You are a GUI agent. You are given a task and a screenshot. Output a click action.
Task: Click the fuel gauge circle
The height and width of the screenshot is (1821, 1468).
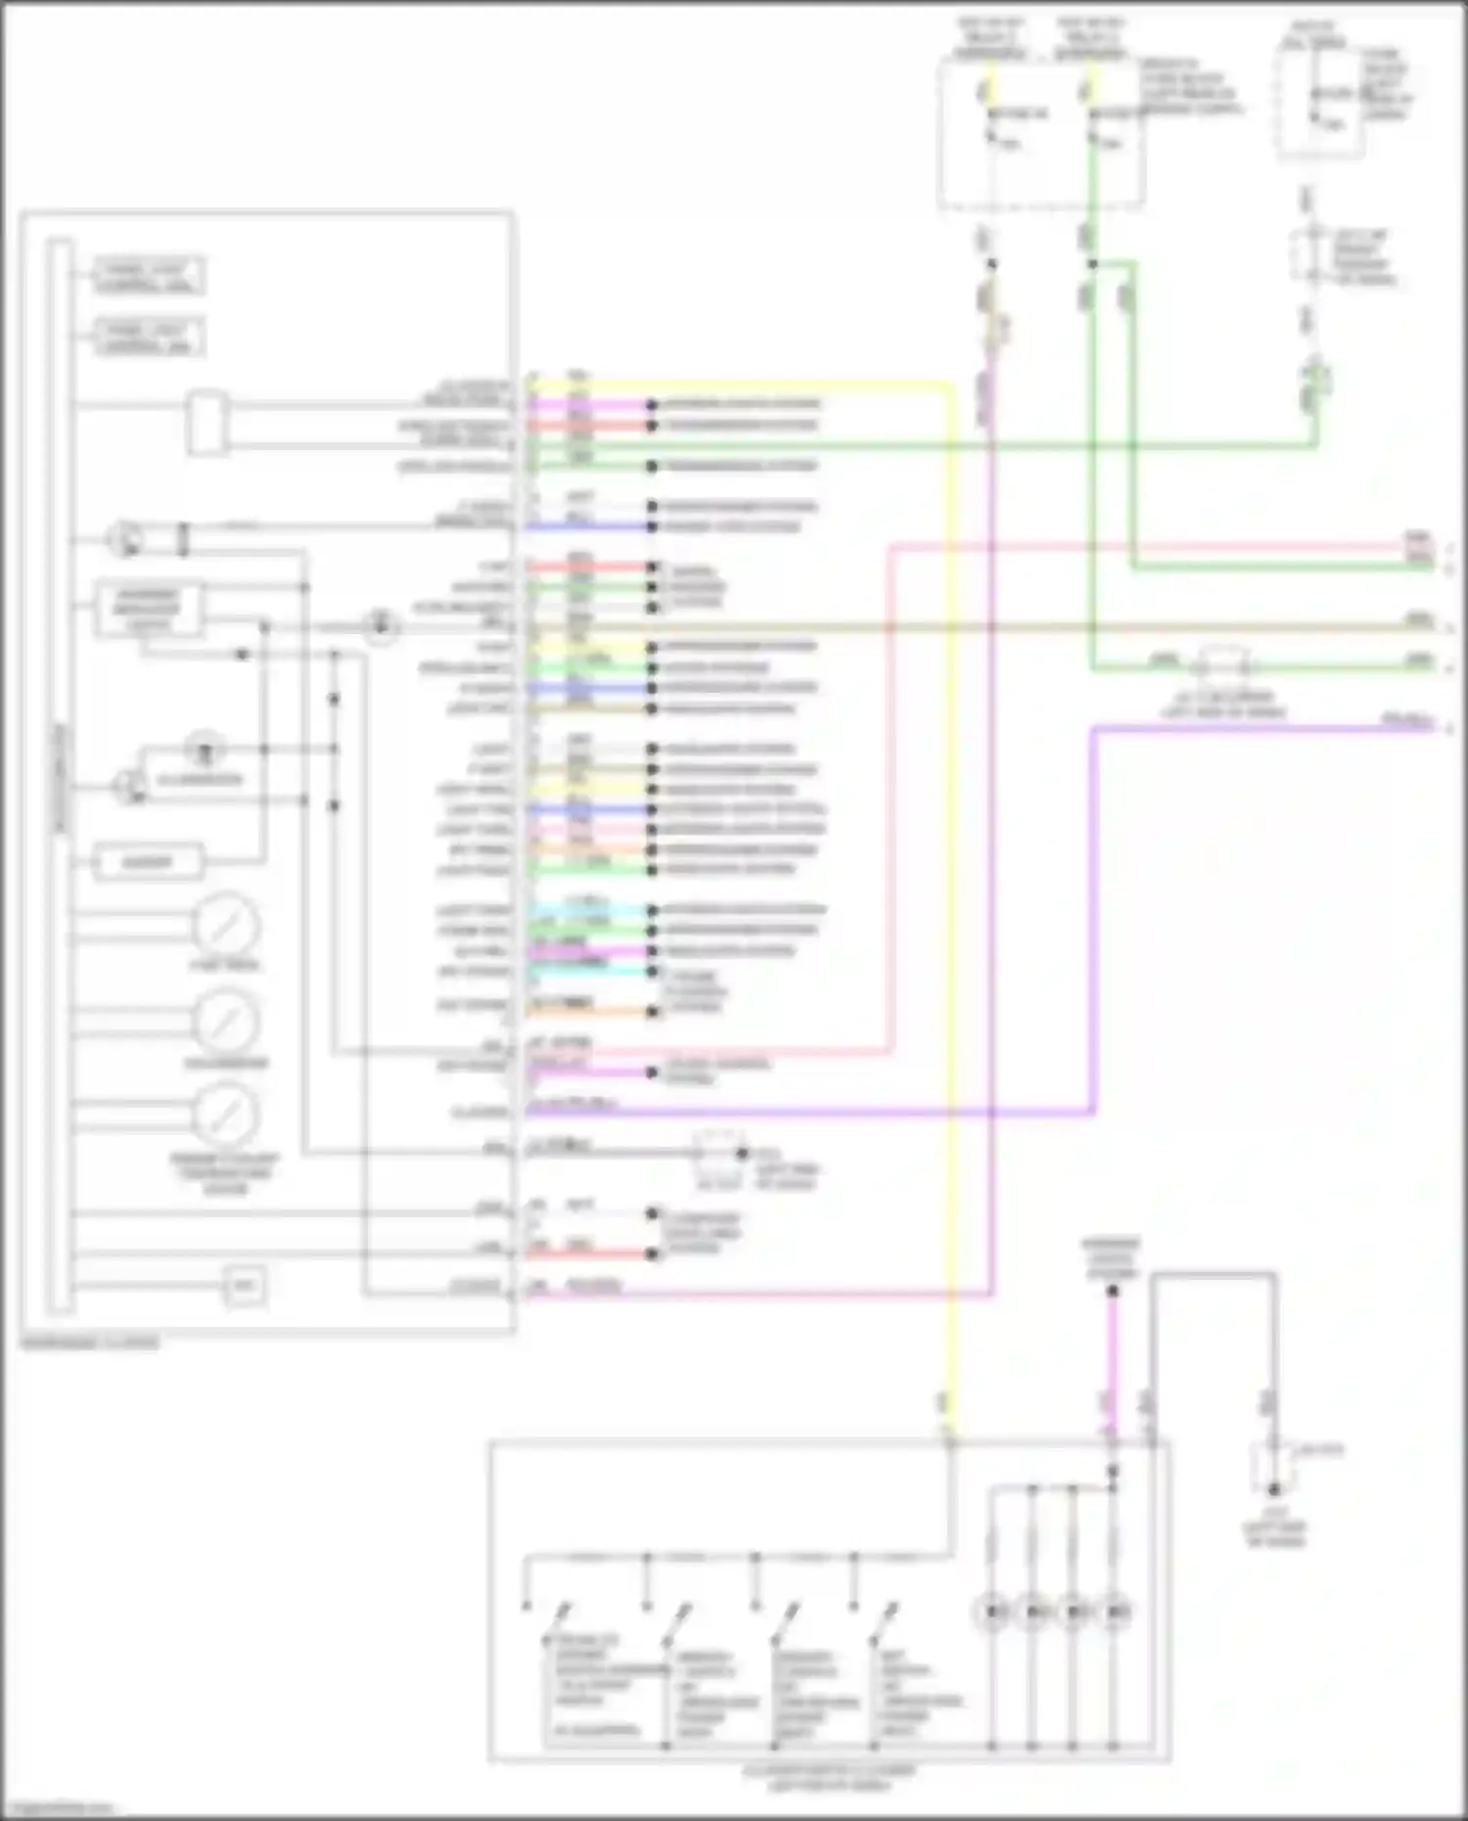(x=225, y=925)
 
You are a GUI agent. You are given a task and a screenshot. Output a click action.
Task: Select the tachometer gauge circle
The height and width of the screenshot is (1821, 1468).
(x=225, y=1022)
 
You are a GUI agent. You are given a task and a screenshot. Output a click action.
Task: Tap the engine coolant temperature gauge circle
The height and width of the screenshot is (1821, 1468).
(x=225, y=1115)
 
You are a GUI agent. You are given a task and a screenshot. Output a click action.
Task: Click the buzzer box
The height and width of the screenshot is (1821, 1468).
(x=147, y=862)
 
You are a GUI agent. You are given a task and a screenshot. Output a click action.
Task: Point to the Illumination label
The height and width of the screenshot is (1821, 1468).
(x=200, y=780)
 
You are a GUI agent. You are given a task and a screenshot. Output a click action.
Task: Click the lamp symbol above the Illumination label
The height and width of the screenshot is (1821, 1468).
(x=206, y=750)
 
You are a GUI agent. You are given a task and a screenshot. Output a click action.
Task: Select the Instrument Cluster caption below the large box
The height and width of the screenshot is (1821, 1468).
(x=89, y=1343)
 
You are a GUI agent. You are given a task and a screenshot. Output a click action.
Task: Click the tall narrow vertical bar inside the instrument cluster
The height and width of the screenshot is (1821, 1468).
(x=60, y=773)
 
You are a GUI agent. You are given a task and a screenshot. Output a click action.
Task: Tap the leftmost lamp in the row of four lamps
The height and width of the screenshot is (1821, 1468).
(x=992, y=1611)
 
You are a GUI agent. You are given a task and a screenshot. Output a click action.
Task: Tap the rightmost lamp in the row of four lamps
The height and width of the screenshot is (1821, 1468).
(x=1115, y=1611)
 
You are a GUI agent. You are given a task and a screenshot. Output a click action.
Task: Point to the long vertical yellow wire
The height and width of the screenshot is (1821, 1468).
(x=949, y=881)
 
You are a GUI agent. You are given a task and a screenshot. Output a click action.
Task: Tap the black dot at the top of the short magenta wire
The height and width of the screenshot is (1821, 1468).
(x=1112, y=1292)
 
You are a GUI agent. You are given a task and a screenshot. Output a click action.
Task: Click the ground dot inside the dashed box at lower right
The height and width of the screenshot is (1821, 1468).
(x=1273, y=1490)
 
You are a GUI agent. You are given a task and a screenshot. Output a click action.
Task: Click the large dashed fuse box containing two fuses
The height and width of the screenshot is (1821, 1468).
(x=1040, y=132)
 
